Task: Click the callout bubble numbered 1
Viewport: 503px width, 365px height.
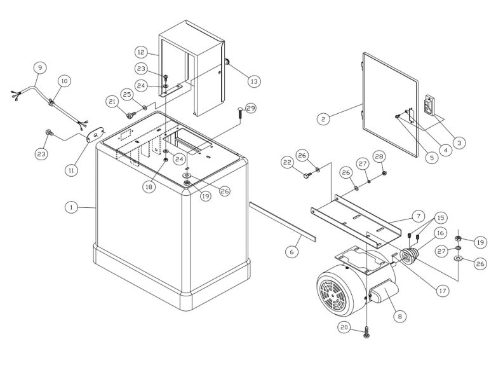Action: click(x=72, y=207)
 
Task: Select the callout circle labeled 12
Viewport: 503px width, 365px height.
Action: click(x=142, y=51)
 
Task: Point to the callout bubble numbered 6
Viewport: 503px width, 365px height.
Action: click(x=292, y=252)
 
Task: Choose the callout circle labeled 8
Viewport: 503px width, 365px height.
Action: click(x=399, y=315)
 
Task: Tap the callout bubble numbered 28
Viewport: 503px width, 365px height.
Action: click(x=379, y=156)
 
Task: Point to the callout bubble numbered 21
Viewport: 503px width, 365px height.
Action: click(x=112, y=101)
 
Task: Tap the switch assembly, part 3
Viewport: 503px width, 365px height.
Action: click(x=430, y=106)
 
